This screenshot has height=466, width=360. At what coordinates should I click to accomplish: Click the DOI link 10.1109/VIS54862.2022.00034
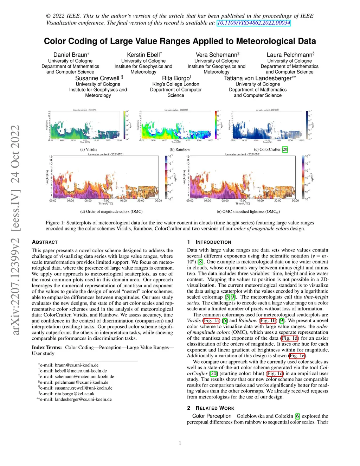(x=254, y=23)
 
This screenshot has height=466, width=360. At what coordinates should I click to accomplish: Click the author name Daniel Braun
(x=70, y=55)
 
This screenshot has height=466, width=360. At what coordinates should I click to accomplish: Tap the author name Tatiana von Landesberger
(x=258, y=78)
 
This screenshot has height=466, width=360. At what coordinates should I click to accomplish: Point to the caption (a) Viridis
(x=89, y=149)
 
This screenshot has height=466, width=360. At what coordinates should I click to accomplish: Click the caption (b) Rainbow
(x=180, y=149)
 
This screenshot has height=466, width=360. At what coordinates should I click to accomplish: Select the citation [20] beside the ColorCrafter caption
(x=285, y=149)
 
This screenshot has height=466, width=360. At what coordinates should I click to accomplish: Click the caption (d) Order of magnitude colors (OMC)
(x=111, y=212)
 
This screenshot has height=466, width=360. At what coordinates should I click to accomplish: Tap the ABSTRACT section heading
(x=45, y=242)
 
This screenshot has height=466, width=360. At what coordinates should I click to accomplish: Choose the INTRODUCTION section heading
(x=213, y=242)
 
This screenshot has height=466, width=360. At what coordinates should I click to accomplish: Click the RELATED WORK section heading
(x=215, y=408)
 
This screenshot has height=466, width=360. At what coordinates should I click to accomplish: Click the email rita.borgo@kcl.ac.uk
(x=75, y=394)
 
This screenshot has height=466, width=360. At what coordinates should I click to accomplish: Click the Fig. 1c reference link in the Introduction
(x=275, y=374)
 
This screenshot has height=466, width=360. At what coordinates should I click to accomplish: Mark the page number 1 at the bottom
(x=180, y=443)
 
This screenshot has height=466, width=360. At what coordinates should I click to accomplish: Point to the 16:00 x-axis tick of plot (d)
(x=123, y=201)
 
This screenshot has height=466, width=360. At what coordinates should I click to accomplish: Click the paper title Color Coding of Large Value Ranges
(x=180, y=41)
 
